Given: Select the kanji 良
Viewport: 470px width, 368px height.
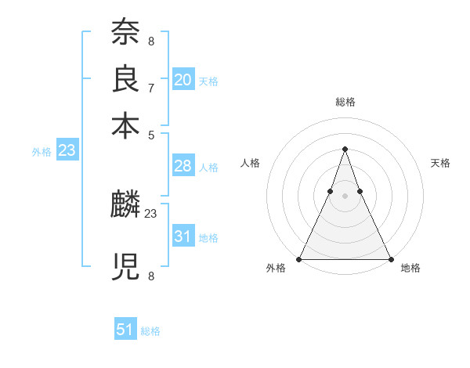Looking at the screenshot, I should [x=125, y=79].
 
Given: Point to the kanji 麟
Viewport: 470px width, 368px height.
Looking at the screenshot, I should [x=125, y=206].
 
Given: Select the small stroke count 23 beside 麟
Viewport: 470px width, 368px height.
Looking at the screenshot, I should [x=152, y=212].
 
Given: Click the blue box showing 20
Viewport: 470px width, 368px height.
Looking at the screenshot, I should [x=183, y=80].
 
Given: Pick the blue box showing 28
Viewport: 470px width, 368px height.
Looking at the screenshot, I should [x=183, y=166].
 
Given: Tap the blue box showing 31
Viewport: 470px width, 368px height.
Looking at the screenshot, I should [x=183, y=236].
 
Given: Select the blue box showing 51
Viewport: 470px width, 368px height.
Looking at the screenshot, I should [x=125, y=330].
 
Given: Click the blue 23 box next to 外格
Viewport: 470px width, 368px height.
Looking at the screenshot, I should [x=67, y=150].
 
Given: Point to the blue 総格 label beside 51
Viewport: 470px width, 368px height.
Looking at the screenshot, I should [x=150, y=331].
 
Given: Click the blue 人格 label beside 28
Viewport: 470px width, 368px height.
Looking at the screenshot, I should [x=208, y=168].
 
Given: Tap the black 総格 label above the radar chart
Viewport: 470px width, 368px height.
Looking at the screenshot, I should [x=345, y=102].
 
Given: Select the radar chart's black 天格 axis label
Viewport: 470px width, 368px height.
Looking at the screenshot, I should [x=440, y=163].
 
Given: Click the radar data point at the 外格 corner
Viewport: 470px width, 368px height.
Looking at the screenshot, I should [x=299, y=258].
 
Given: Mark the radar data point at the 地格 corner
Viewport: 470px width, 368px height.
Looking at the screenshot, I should [x=390, y=258].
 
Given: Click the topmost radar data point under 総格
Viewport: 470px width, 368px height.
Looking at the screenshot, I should [x=345, y=149].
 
